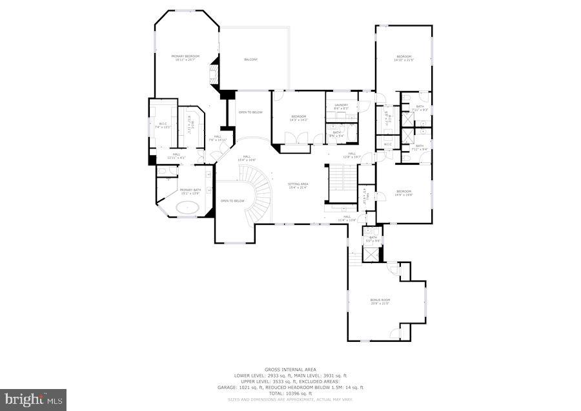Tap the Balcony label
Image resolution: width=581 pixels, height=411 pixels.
tap(250, 59)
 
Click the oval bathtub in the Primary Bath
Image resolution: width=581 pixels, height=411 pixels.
tap(187, 208)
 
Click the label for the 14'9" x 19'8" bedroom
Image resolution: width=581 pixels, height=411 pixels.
tap(403, 193)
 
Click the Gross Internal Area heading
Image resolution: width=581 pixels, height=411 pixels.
tap(290, 370)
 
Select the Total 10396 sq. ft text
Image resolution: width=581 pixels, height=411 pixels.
tap(290, 393)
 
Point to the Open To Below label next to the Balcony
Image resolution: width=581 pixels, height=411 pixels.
tap(250, 112)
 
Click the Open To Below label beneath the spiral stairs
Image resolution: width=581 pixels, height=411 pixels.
tap(232, 200)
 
